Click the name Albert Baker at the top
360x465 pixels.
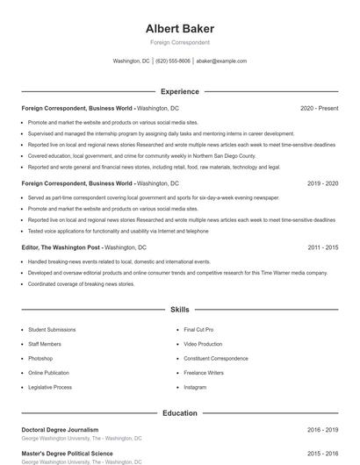tap(180, 29)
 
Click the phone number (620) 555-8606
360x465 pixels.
tap(173, 61)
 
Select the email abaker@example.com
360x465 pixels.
tap(221, 61)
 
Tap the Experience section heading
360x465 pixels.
tap(180, 91)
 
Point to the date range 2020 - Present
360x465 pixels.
tap(319, 108)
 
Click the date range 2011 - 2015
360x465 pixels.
tap(322, 247)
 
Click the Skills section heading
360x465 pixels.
tap(180, 310)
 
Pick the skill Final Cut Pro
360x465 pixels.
tap(198, 330)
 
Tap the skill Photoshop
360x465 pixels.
tap(40, 359)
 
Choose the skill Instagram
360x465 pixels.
tap(195, 387)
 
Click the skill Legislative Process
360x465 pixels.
tap(50, 387)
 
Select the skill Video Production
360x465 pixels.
tap(203, 344)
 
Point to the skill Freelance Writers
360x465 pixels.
tap(204, 373)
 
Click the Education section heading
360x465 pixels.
tap(180, 412)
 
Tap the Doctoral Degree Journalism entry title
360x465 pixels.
tap(60, 430)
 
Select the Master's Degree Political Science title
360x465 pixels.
tap(67, 454)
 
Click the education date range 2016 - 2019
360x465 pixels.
tap(322, 430)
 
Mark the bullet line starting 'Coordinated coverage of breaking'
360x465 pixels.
tap(81, 284)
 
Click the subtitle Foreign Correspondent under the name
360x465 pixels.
tap(180, 42)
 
